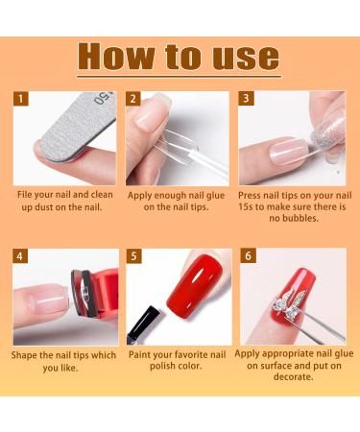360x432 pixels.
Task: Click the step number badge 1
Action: [21, 99]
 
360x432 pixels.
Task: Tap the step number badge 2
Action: [133, 99]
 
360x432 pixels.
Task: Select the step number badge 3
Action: [246, 99]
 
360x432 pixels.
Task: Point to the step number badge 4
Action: [21, 256]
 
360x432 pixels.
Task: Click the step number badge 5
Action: [133, 256]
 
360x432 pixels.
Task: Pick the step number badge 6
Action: [246, 256]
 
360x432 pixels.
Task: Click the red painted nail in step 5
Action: [192, 288]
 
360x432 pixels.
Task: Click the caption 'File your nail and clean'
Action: [65, 195]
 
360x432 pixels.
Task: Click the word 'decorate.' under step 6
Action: [292, 377]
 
